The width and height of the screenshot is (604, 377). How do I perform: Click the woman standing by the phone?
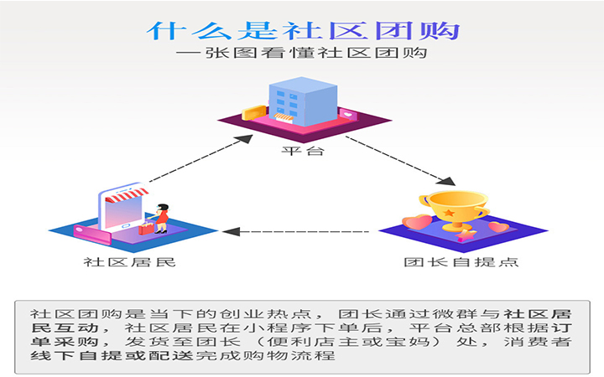pyautogui.click(x=162, y=217)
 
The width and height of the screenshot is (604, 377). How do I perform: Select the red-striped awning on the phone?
pyautogui.click(x=126, y=195)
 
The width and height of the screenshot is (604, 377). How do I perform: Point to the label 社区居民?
pyautogui.click(x=129, y=261)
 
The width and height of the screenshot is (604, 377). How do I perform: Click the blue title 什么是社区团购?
pyautogui.click(x=303, y=29)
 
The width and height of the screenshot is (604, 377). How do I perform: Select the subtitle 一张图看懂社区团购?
pyautogui.click(x=302, y=54)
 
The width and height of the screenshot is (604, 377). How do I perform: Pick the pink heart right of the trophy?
pyautogui.click(x=498, y=227)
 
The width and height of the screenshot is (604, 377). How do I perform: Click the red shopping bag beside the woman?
pyautogui.click(x=148, y=227)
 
